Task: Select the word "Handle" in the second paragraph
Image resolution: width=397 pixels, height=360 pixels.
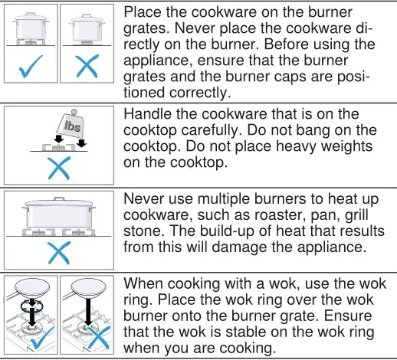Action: [x=149, y=114]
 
